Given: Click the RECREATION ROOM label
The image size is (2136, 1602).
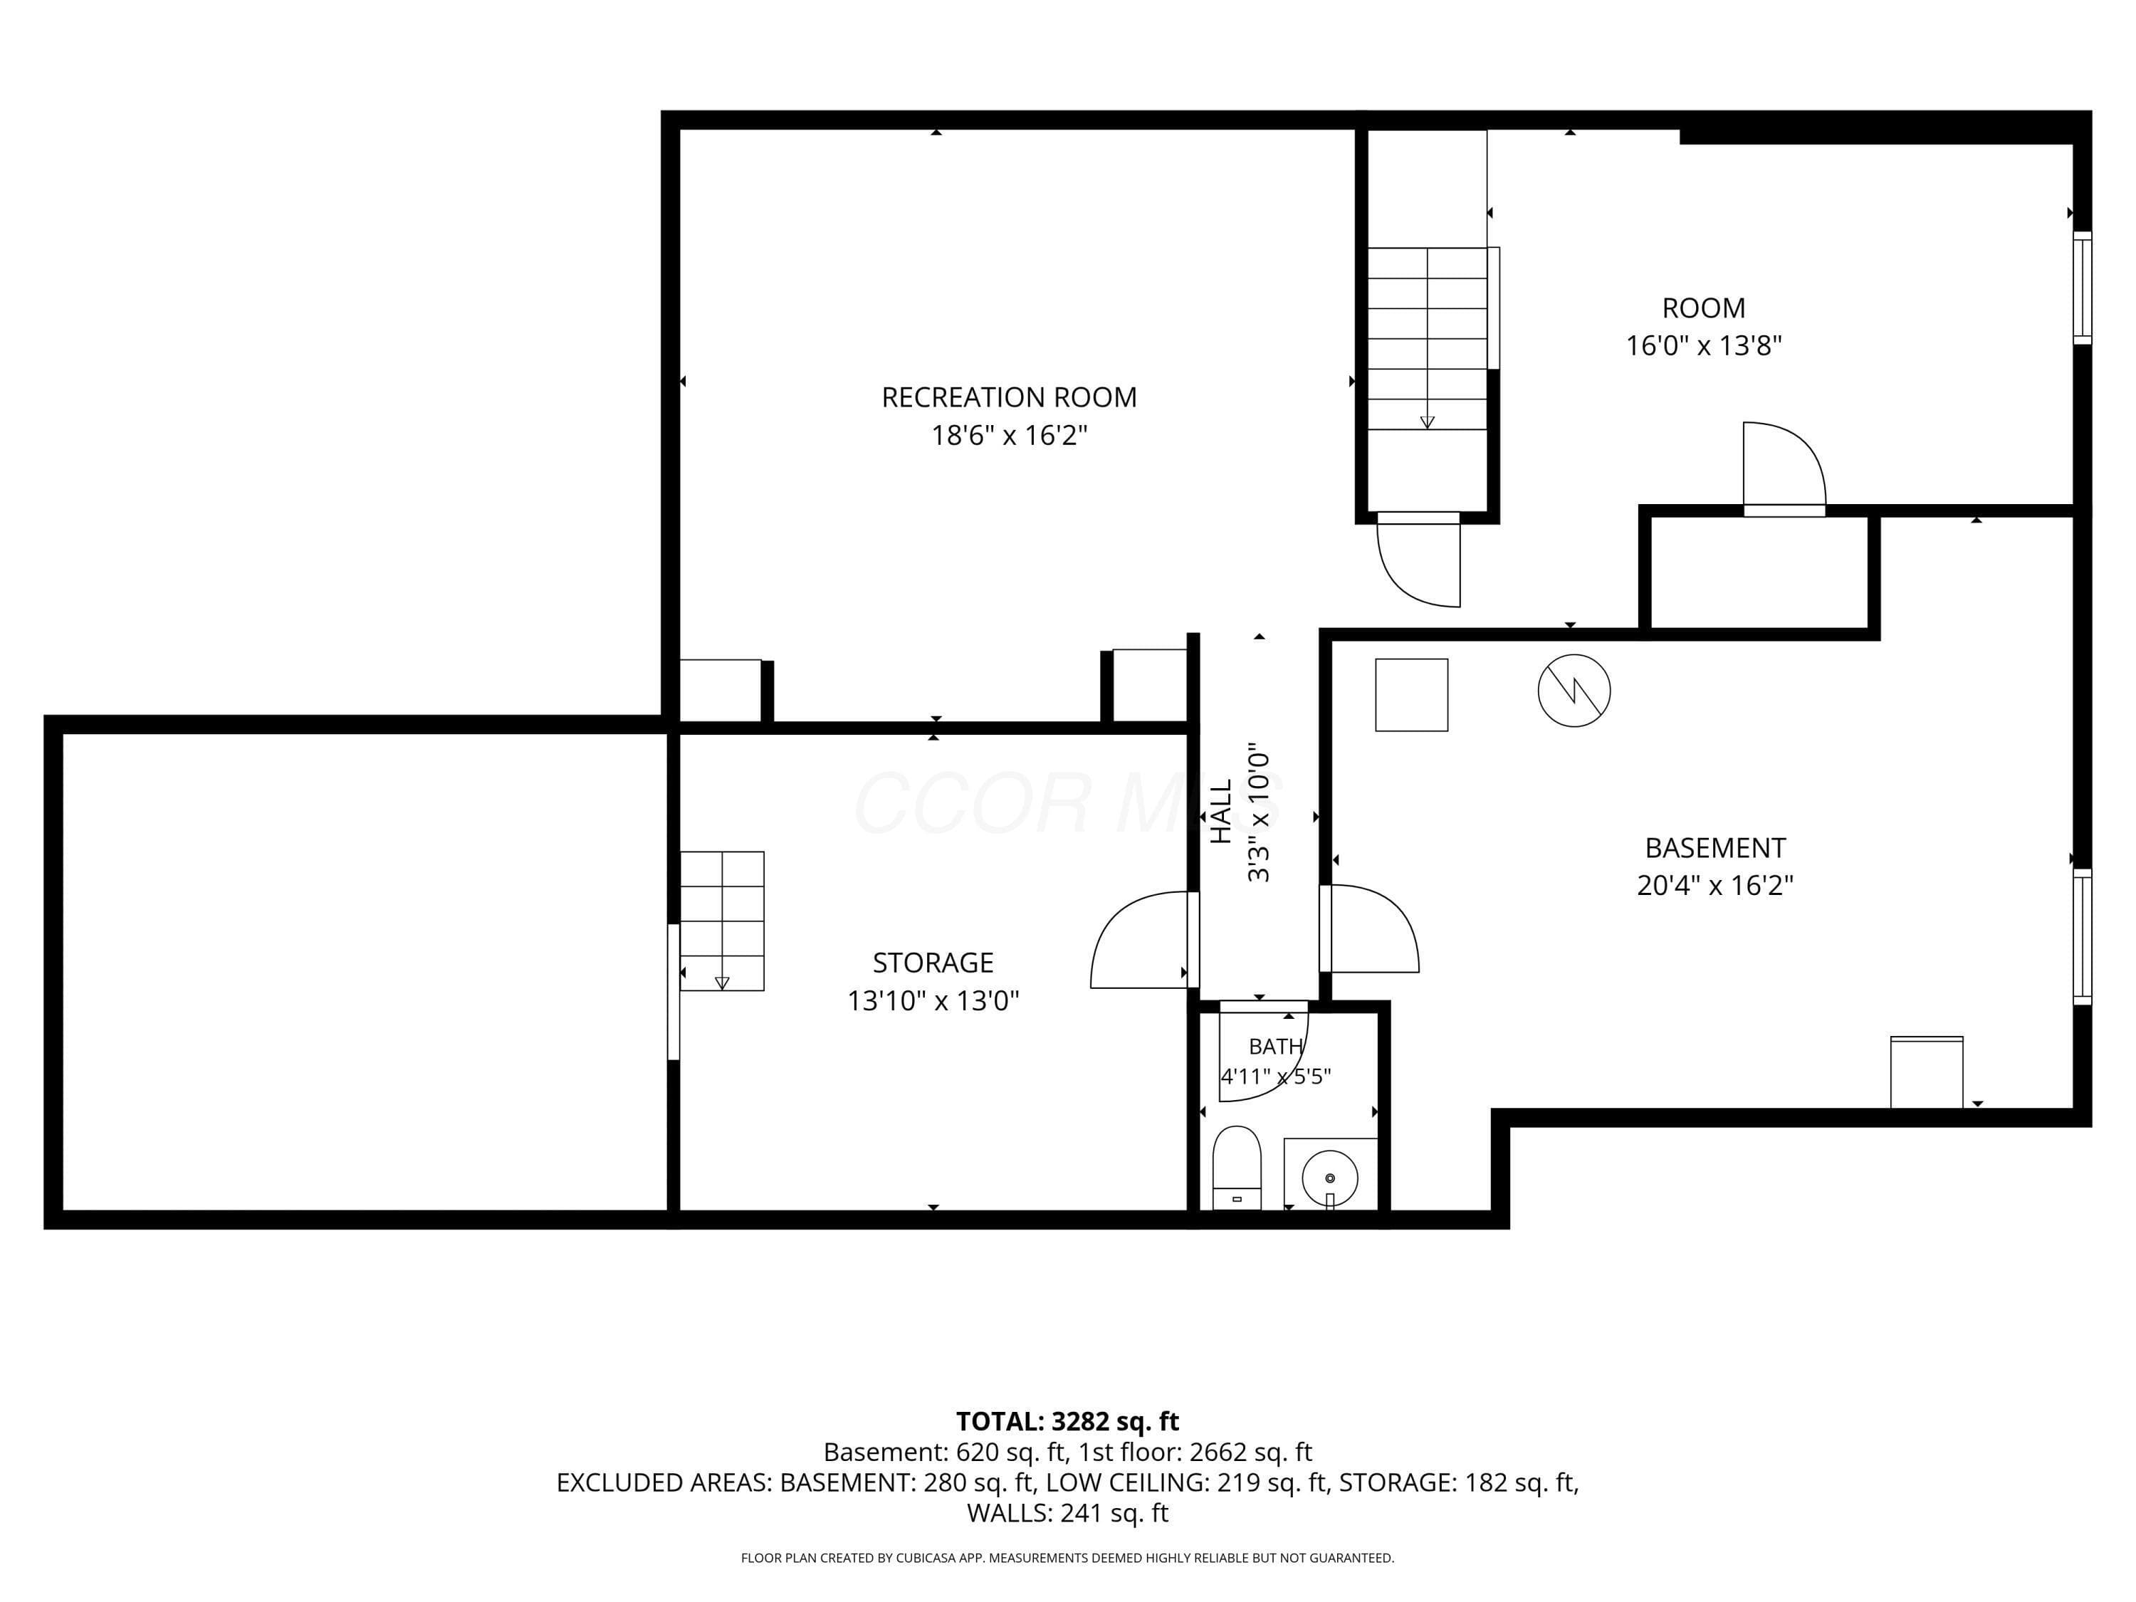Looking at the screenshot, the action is point(1009,397).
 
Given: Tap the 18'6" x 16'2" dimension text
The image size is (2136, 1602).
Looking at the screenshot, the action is point(1009,436).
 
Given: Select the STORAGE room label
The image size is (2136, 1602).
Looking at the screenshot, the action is point(933,963).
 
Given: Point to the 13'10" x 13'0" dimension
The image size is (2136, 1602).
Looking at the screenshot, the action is point(933,1000).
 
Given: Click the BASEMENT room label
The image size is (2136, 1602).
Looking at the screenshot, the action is point(1715,848).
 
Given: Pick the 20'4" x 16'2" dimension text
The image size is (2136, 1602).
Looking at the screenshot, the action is point(1715,886).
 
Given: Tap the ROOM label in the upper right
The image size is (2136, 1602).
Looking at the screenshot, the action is point(1703,308).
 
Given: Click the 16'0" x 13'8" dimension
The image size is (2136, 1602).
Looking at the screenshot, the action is point(1703,346).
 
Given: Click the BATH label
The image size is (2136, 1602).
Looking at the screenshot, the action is point(1276,1046).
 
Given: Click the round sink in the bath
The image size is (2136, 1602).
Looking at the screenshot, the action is point(1330,1178).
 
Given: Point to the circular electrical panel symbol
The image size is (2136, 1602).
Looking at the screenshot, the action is point(1574,691).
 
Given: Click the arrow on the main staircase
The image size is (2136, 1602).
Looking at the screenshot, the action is point(1428,422).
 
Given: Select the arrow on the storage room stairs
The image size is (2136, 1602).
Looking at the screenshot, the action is point(721,983).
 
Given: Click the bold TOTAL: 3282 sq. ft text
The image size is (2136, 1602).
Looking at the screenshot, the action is point(1067,1421).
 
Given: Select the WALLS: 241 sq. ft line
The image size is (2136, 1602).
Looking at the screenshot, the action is point(1067,1513).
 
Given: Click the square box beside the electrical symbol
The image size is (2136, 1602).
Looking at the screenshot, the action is point(1412,694).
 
